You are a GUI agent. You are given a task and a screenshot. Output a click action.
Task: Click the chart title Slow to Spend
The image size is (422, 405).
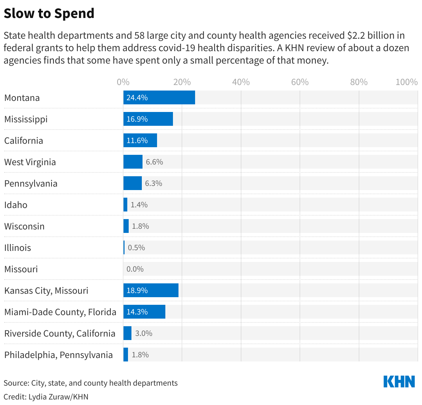pyautogui.click(x=49, y=13)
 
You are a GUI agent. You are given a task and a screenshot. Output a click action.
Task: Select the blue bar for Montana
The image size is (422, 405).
pyautogui.click(x=159, y=97)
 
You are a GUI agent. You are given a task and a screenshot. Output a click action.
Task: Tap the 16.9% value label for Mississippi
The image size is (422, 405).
pyautogui.click(x=137, y=119)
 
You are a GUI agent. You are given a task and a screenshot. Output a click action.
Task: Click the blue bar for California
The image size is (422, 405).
pyautogui.click(x=140, y=140)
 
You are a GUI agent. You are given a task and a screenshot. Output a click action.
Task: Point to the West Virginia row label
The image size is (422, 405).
pyautogui.click(x=30, y=162)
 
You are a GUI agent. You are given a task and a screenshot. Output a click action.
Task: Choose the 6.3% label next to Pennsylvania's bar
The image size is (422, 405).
pyautogui.click(x=154, y=183)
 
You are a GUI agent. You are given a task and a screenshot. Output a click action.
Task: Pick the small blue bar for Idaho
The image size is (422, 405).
pyautogui.click(x=125, y=205)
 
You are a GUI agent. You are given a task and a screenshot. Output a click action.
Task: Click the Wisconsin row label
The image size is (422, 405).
pyautogui.click(x=24, y=226)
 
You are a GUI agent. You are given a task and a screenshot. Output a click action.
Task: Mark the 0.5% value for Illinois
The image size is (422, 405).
pyautogui.click(x=136, y=248)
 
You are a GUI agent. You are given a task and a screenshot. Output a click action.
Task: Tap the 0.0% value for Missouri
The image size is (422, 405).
pyautogui.click(x=135, y=269)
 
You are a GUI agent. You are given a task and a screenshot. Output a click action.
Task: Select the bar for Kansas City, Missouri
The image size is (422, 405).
pyautogui.click(x=151, y=290)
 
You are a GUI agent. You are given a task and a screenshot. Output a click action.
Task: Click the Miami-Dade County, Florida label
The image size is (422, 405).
pyautogui.click(x=60, y=312)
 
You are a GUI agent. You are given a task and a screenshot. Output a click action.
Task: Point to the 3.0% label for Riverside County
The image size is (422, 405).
pyautogui.click(x=144, y=333)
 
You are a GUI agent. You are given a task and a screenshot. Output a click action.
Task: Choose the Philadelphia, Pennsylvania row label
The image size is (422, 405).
pyautogui.click(x=58, y=355)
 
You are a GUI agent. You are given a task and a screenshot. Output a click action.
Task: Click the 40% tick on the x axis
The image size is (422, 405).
pyautogui.click(x=241, y=82)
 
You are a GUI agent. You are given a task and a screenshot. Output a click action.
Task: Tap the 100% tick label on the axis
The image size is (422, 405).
pyautogui.click(x=406, y=82)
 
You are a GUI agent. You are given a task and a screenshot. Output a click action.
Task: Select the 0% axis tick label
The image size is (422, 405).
pyautogui.click(x=123, y=82)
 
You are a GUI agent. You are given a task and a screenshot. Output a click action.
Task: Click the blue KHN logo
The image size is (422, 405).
pyautogui.click(x=399, y=382)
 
